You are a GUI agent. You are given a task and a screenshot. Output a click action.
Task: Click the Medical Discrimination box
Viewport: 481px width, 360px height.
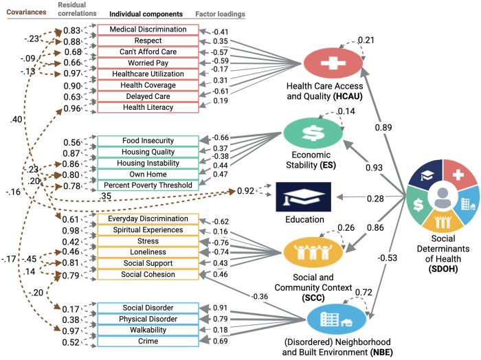click(148, 30)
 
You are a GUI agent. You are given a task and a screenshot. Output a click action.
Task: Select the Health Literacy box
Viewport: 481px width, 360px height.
click(148, 107)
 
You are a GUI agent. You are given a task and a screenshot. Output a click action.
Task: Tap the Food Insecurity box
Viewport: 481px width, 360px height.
click(148, 141)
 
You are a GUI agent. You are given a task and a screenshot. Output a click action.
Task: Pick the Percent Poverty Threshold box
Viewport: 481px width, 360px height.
click(148, 185)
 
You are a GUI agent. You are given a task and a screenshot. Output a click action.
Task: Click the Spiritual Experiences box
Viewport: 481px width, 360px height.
click(148, 230)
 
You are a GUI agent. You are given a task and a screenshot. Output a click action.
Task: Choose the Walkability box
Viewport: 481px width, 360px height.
click(148, 330)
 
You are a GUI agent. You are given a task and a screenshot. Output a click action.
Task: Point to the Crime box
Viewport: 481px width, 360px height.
click(148, 341)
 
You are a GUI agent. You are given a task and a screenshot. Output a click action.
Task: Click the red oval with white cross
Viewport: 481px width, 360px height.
click(333, 63)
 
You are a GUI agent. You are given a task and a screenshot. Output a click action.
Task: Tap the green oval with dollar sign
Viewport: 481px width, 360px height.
click(313, 133)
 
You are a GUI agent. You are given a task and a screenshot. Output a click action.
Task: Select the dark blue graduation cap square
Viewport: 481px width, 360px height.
click(304, 197)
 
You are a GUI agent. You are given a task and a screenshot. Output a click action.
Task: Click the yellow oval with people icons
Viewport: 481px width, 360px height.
click(313, 252)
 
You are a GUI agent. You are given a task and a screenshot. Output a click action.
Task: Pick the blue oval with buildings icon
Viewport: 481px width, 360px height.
click(337, 319)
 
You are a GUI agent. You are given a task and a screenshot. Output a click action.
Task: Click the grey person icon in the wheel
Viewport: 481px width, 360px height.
click(443, 198)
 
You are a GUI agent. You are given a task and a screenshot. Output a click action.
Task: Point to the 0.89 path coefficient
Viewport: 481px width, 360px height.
click(383, 127)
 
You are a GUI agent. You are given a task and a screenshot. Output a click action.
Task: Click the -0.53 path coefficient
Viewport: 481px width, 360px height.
click(387, 258)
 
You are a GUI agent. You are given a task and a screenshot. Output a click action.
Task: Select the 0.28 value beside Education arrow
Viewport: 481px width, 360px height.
click(375, 199)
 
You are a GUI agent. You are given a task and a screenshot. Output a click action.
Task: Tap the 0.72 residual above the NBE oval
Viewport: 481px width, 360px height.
click(363, 292)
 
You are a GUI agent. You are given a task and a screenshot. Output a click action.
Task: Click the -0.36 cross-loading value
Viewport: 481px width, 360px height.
click(259, 297)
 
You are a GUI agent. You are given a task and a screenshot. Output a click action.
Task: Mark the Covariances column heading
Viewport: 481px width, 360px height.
click(26, 12)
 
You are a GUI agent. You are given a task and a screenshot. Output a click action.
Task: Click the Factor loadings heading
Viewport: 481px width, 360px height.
click(221, 14)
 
